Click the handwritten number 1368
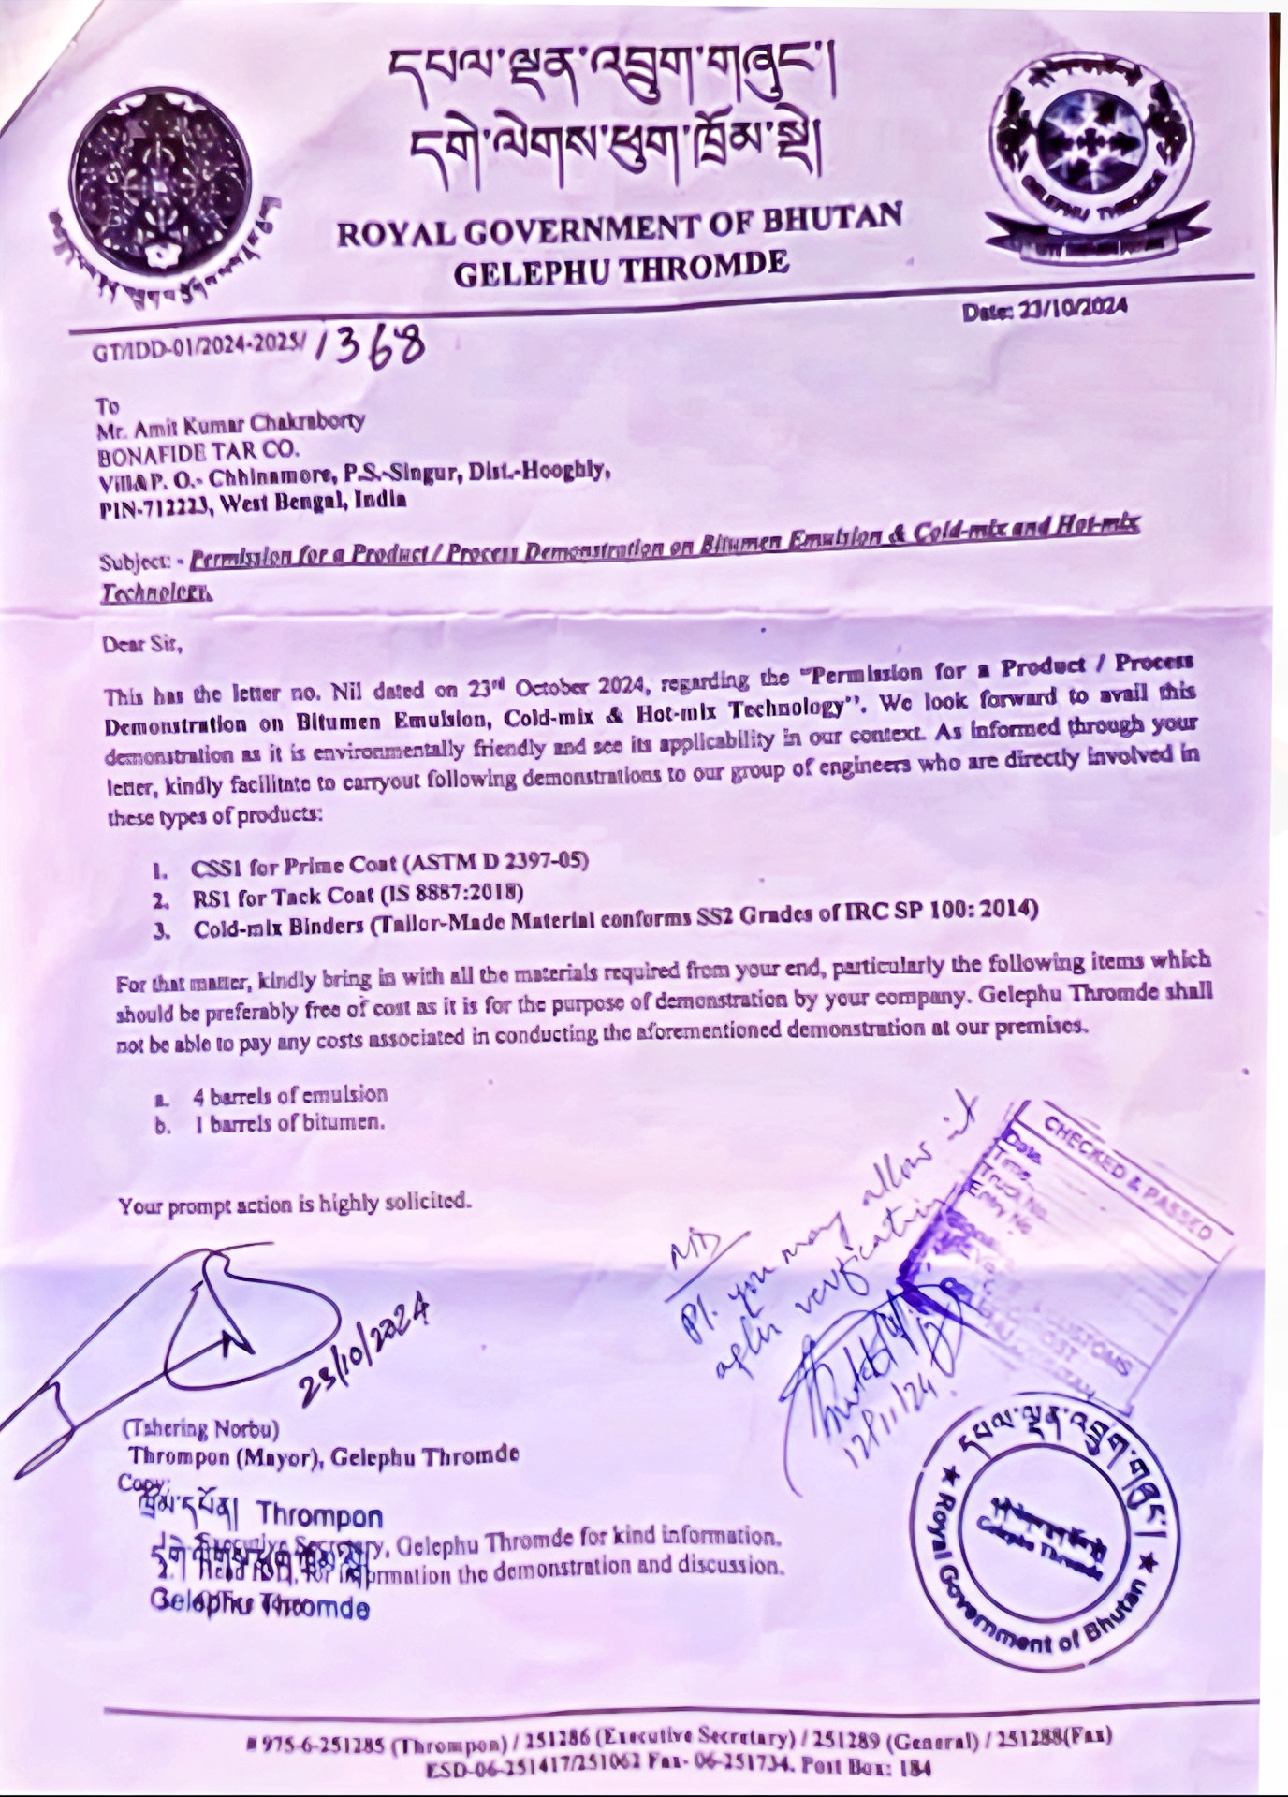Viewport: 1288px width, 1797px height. [x=370, y=348]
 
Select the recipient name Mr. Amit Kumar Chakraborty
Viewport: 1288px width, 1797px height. [x=230, y=427]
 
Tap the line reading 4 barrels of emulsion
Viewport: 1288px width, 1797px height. [x=289, y=1094]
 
